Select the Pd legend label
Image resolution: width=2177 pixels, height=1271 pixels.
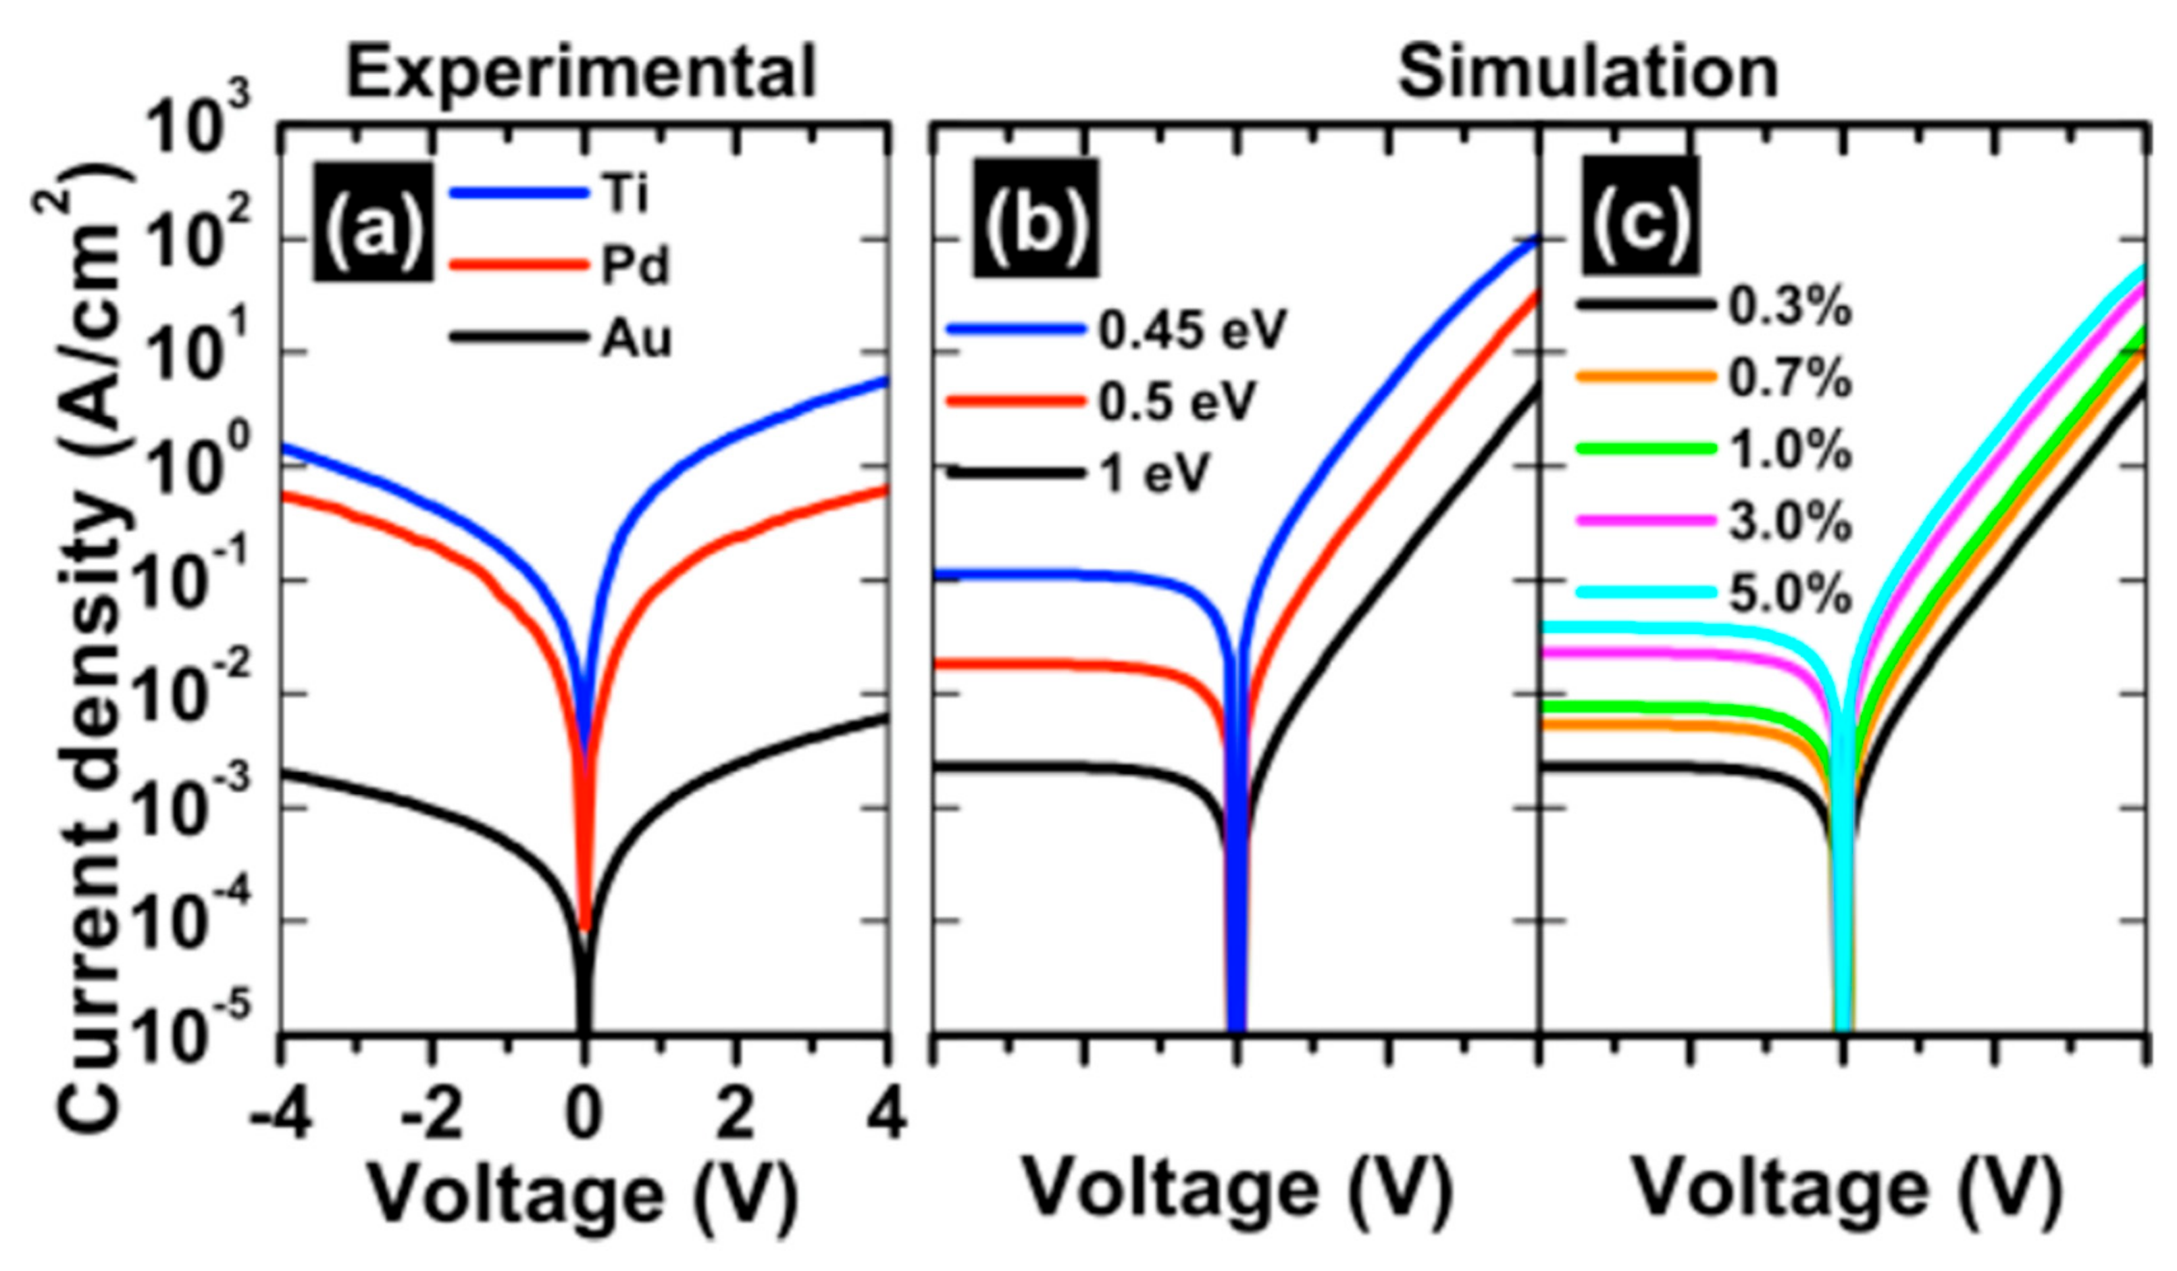(634, 268)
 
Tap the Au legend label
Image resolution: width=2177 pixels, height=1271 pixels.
(636, 340)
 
